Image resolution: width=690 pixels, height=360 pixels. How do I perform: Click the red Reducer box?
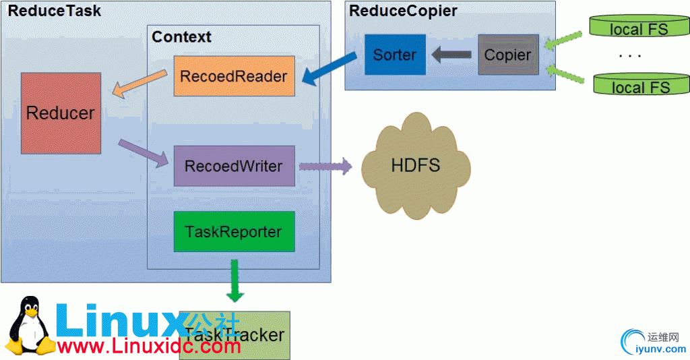[61, 113]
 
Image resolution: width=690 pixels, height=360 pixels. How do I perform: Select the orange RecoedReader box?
[234, 76]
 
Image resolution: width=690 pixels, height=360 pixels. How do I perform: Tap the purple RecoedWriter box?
[234, 166]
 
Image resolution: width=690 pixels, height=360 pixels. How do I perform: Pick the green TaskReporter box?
[234, 231]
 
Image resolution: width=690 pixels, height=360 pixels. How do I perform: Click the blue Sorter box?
[395, 55]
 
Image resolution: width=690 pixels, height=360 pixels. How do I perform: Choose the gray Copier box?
[508, 55]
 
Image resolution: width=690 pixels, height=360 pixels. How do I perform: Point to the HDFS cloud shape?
[416, 166]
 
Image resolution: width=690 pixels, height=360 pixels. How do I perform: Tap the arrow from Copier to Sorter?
[451, 55]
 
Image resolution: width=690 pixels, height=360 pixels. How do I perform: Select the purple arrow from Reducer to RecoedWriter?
[142, 152]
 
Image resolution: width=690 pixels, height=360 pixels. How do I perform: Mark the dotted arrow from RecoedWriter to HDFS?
[325, 166]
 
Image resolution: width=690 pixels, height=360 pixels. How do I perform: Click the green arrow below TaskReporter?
[235, 278]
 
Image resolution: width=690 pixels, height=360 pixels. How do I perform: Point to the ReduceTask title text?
[54, 11]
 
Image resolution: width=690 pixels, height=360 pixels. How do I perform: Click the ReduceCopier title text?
[403, 11]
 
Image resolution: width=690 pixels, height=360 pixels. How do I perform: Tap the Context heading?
[181, 36]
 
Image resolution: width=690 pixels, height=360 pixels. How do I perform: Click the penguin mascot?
[29, 328]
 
